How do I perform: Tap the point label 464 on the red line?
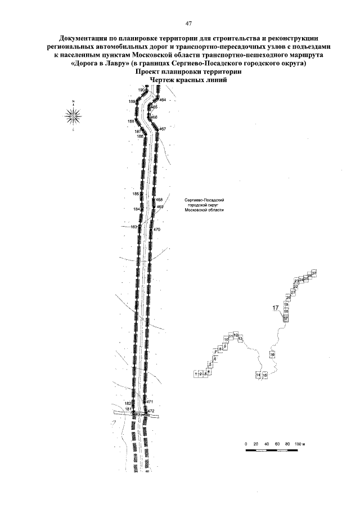(x=163, y=100)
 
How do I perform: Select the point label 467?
(x=162, y=129)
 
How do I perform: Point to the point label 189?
(x=132, y=102)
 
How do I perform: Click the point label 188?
(x=131, y=121)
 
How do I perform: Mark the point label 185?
(x=136, y=193)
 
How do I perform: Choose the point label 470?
(x=156, y=230)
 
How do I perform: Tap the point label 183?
(x=134, y=227)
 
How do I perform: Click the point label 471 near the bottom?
(x=150, y=402)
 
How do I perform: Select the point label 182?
(x=128, y=403)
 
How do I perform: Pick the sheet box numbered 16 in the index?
(x=272, y=355)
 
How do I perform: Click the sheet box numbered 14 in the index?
(x=258, y=375)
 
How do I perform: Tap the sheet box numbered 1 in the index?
(x=195, y=373)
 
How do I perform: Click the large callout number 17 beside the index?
(x=276, y=307)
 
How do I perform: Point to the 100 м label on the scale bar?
(x=299, y=444)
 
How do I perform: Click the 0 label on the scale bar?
(x=246, y=444)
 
